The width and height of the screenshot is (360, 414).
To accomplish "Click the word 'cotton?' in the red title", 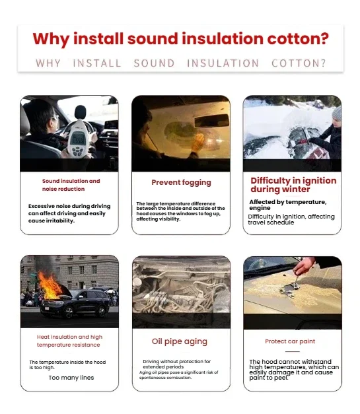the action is (298, 39).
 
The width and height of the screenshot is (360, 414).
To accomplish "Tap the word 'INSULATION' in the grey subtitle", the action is (223, 63).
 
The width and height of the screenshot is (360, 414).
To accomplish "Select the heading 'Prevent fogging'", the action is (181, 183).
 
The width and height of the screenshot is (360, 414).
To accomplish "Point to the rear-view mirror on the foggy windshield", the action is (211, 121).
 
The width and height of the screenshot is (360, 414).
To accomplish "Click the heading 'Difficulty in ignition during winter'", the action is (293, 185).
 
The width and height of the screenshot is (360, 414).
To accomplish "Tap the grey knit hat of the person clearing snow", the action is (336, 114).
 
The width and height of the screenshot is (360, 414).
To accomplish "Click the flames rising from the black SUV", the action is (50, 285).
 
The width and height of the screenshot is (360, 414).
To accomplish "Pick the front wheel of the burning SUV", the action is (69, 312).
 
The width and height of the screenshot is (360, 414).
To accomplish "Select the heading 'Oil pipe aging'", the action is (180, 341).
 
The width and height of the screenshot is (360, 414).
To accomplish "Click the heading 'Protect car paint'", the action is (290, 341).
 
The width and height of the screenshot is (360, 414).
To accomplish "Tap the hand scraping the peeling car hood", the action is (305, 266).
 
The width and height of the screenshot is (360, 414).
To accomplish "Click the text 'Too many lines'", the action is (71, 378).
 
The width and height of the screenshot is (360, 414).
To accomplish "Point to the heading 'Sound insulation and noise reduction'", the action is (71, 185).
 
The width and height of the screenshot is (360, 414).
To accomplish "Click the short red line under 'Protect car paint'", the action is (293, 352).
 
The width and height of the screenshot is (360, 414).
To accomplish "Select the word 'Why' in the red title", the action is (51, 40).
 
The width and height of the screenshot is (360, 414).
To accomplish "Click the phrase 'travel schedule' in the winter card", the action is (271, 223).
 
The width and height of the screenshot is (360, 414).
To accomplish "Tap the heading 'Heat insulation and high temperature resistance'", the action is (69, 341).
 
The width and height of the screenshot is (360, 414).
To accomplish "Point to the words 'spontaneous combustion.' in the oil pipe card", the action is (165, 378).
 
